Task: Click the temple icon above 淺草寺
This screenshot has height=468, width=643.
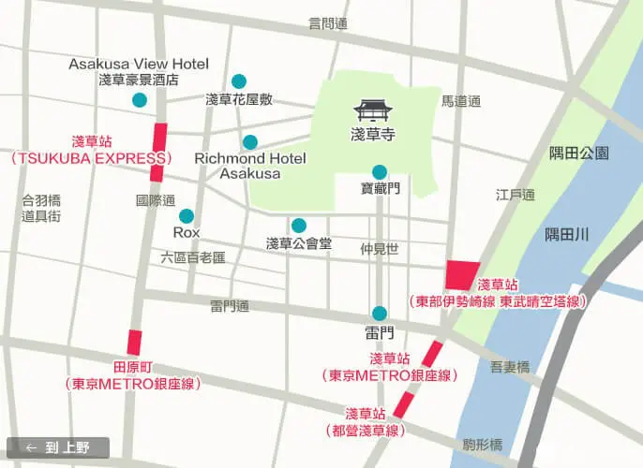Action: [373, 110]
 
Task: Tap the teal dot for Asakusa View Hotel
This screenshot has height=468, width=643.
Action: [140, 100]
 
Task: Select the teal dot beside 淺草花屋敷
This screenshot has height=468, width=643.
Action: [239, 81]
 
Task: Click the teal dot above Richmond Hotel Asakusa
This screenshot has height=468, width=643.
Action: [250, 142]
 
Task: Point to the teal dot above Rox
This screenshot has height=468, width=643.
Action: [187, 215]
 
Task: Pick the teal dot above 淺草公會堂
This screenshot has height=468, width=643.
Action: [298, 226]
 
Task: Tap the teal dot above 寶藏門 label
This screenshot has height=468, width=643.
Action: [380, 172]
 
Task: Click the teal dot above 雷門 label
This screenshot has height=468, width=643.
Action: [380, 314]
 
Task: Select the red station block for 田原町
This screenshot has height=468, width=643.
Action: [135, 342]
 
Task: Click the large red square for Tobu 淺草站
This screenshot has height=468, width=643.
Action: [463, 275]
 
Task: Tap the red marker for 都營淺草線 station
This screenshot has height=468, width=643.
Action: [403, 404]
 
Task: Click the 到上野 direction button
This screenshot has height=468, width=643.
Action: [58, 447]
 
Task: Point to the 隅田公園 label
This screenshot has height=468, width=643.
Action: [579, 153]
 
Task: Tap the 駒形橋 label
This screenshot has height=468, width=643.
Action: [483, 444]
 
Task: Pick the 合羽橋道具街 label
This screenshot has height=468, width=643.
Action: [41, 208]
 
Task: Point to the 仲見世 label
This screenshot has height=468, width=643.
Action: [380, 249]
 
